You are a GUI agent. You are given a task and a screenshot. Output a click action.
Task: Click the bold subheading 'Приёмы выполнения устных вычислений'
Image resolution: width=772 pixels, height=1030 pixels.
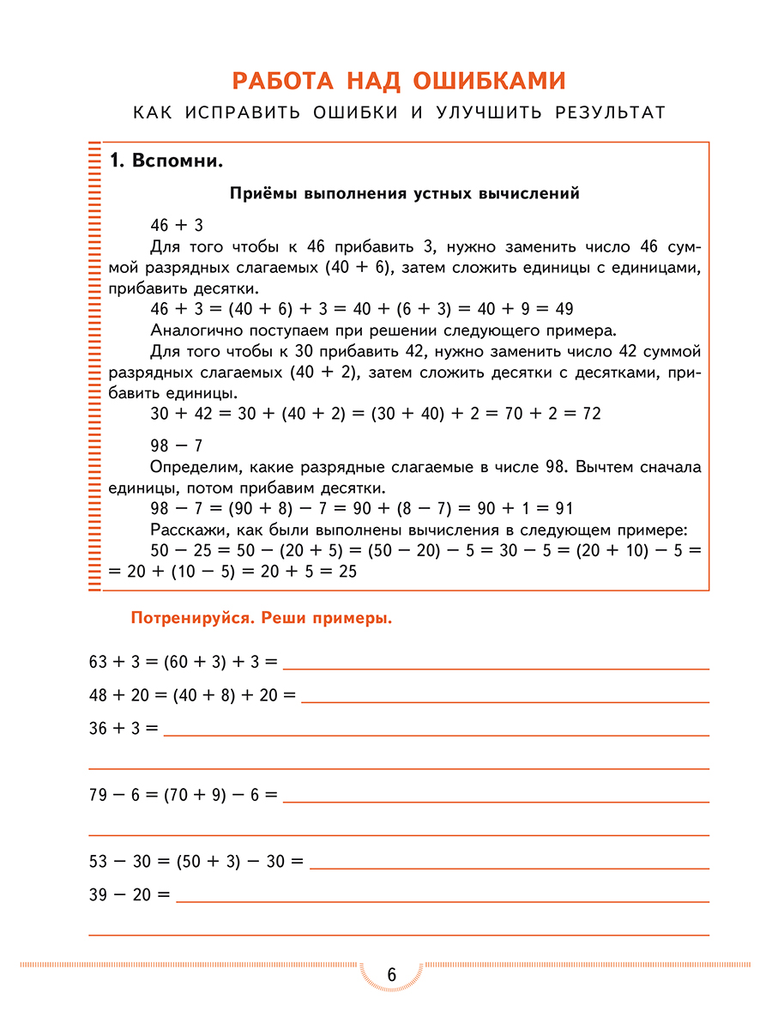pos(404,193)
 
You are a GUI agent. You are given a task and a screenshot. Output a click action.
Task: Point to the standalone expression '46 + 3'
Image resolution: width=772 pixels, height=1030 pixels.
pos(177,226)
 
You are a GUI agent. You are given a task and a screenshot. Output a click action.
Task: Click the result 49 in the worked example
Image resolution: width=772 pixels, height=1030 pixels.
pos(563,309)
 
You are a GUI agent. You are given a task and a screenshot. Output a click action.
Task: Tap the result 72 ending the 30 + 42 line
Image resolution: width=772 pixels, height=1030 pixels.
pos(590,414)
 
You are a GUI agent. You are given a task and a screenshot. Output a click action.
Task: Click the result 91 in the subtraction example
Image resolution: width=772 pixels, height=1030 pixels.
pos(563,508)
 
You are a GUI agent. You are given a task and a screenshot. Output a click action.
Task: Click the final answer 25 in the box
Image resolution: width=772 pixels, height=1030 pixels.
pos(347,571)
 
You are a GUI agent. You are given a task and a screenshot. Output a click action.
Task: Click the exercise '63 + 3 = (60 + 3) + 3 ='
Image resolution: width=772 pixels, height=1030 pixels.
pos(183,662)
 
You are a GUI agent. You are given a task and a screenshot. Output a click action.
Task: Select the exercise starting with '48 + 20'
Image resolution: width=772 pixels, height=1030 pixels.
pos(192,695)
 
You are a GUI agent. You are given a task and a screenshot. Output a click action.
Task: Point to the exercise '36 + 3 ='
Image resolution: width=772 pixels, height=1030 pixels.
pos(124,729)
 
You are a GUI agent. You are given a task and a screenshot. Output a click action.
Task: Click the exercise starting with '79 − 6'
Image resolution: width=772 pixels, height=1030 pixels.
pos(183,796)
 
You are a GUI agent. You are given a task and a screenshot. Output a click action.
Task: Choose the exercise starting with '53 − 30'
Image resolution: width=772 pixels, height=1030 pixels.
pos(196,863)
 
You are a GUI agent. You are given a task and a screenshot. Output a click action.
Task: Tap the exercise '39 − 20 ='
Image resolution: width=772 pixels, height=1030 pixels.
pos(130,895)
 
